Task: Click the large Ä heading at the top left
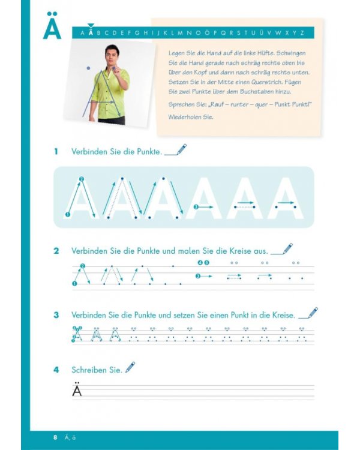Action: (x=52, y=26)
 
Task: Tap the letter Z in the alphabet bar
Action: (x=302, y=33)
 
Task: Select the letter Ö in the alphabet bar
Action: (x=207, y=32)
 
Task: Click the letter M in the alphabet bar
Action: (x=180, y=33)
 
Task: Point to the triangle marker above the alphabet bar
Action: (x=91, y=26)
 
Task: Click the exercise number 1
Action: (x=56, y=152)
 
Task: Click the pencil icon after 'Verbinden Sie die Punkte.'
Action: (x=181, y=149)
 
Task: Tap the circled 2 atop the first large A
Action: (x=81, y=179)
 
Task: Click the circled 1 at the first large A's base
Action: (x=68, y=214)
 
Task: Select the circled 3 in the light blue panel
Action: (x=196, y=207)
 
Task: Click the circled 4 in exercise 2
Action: (x=200, y=262)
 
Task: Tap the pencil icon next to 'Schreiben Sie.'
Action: (x=130, y=367)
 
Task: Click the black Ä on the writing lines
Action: (x=77, y=389)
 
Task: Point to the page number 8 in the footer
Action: (x=55, y=437)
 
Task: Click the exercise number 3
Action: (x=56, y=315)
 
